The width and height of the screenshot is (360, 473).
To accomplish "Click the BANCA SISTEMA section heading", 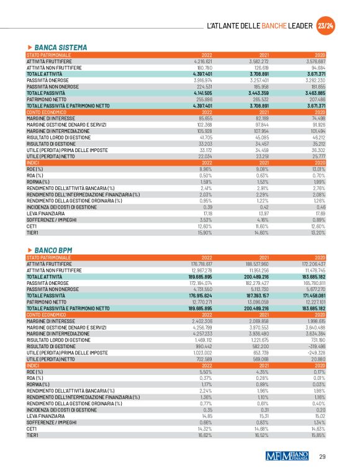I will pos(60,47).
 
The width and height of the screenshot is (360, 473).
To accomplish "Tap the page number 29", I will pos(322,457).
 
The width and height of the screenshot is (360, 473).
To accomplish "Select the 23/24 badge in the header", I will pos(325,25).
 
